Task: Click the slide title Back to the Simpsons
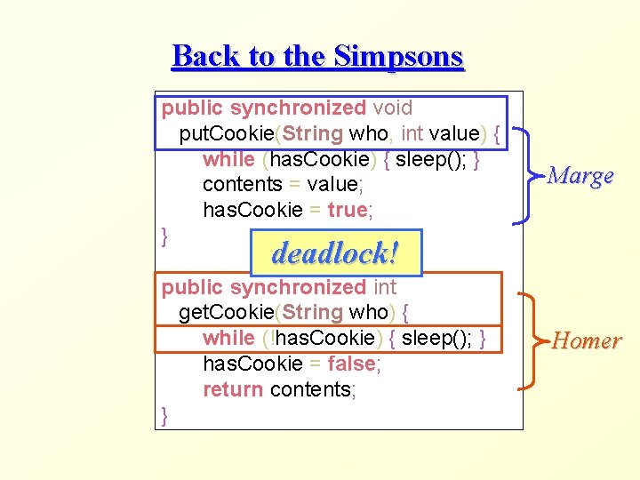(x=317, y=56)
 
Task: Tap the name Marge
(x=580, y=175)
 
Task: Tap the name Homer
(x=586, y=340)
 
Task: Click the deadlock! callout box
(x=334, y=253)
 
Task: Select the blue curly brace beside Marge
(x=530, y=175)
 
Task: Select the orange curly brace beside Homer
(x=530, y=340)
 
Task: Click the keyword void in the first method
(x=392, y=108)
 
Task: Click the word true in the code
(x=347, y=211)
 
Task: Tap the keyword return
(x=233, y=389)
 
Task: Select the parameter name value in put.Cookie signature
(x=453, y=134)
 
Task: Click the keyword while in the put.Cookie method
(x=229, y=160)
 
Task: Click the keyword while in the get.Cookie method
(x=229, y=339)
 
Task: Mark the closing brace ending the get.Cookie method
(x=165, y=414)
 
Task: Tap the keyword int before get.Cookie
(x=384, y=287)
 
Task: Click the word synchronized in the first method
(x=298, y=108)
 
